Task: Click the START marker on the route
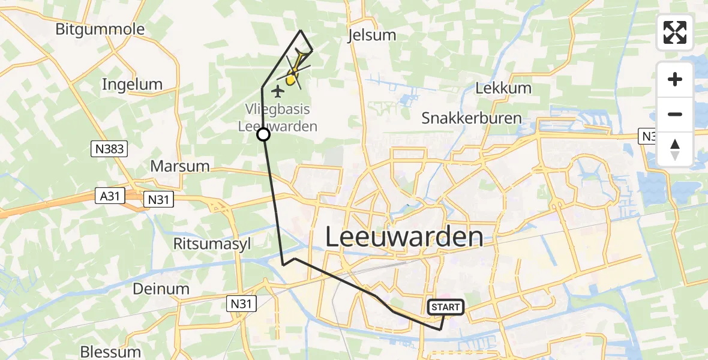coord(445,307)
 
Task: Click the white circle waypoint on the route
coord(263,134)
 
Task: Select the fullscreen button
coord(675,32)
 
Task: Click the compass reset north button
coord(675,149)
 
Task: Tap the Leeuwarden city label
coord(404,237)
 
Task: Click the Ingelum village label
coord(132,84)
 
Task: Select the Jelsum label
coord(372,35)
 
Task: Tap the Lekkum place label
coord(503,88)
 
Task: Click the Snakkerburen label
coord(471,118)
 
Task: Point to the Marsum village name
coord(180,166)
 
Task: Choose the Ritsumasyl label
coord(212,244)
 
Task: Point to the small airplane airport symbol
coord(278,91)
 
